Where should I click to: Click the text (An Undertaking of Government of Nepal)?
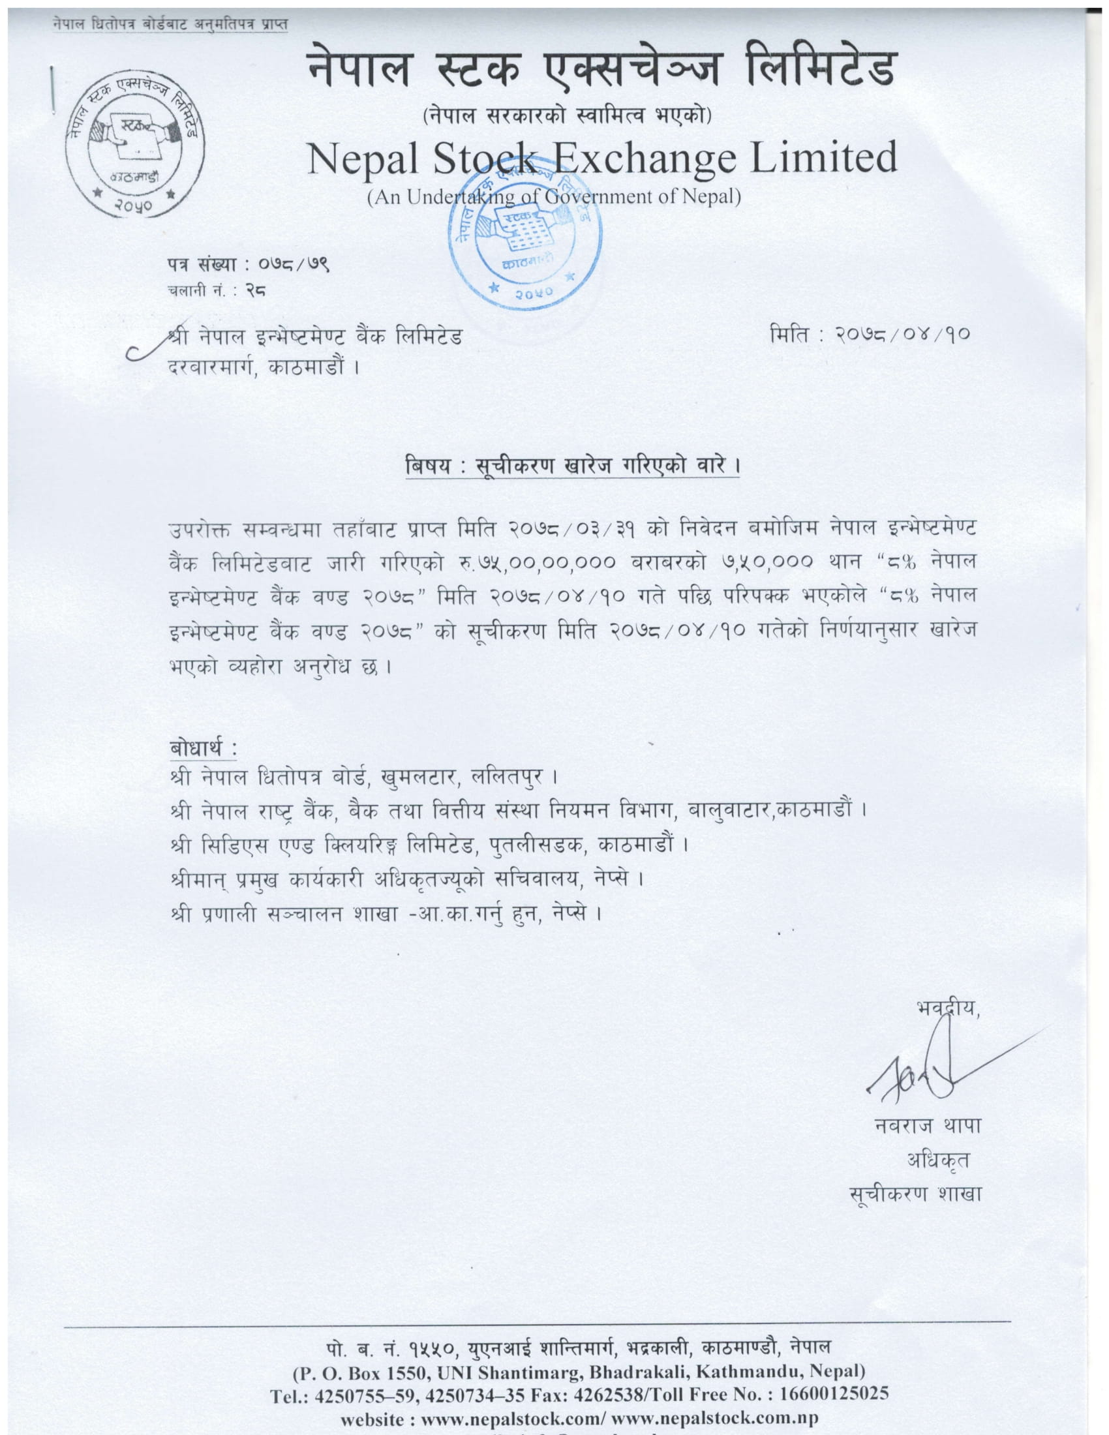coord(554,196)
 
